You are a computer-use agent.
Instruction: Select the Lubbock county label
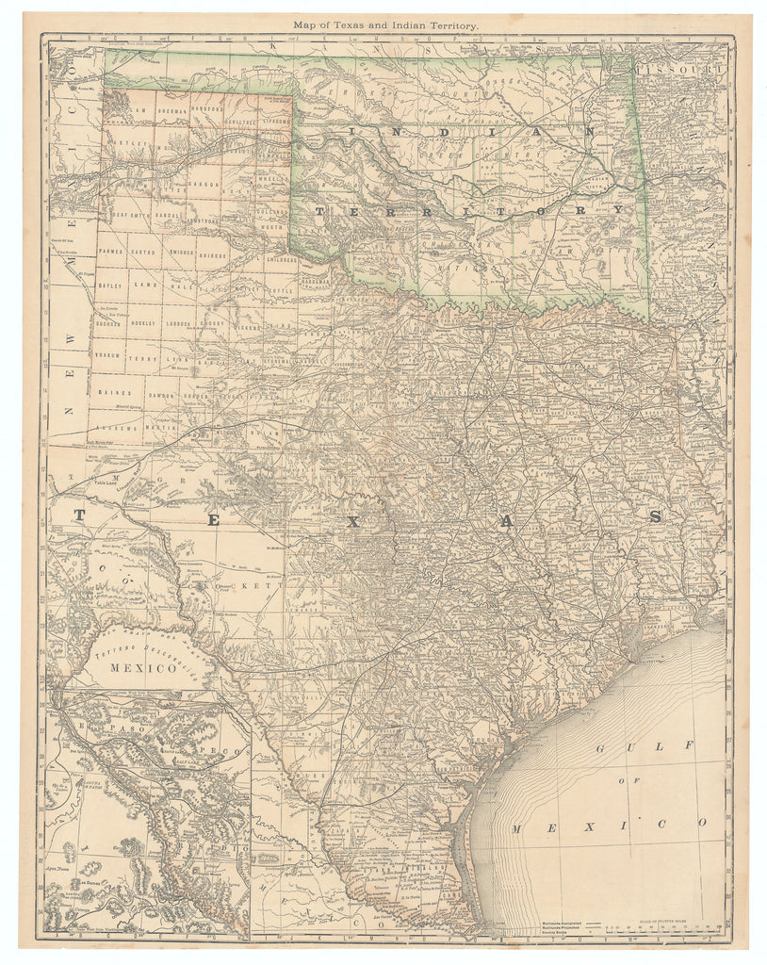coord(178,323)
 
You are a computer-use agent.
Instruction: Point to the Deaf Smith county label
coord(124,215)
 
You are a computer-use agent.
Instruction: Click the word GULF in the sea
coord(645,746)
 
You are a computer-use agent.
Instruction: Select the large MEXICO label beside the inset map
coord(142,668)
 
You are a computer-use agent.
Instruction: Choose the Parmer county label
coord(110,253)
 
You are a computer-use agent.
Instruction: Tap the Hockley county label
coord(143,323)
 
